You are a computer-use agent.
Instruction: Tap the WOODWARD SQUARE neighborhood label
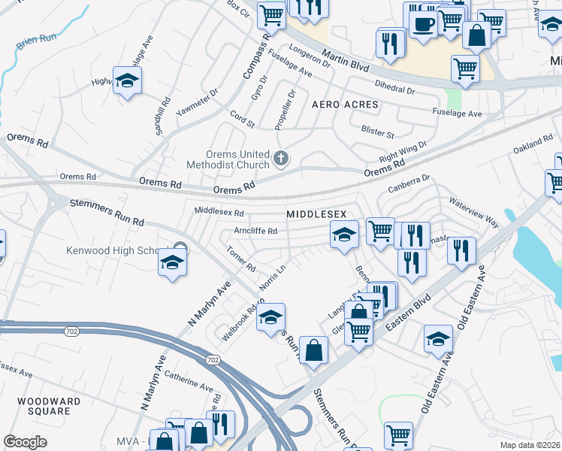49,406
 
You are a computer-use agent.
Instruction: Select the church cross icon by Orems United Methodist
281,158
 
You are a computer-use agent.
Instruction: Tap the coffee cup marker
423,23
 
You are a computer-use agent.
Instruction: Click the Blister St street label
378,135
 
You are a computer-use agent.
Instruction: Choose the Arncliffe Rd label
255,231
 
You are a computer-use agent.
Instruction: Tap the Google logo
25,442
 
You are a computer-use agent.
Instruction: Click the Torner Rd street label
241,261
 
